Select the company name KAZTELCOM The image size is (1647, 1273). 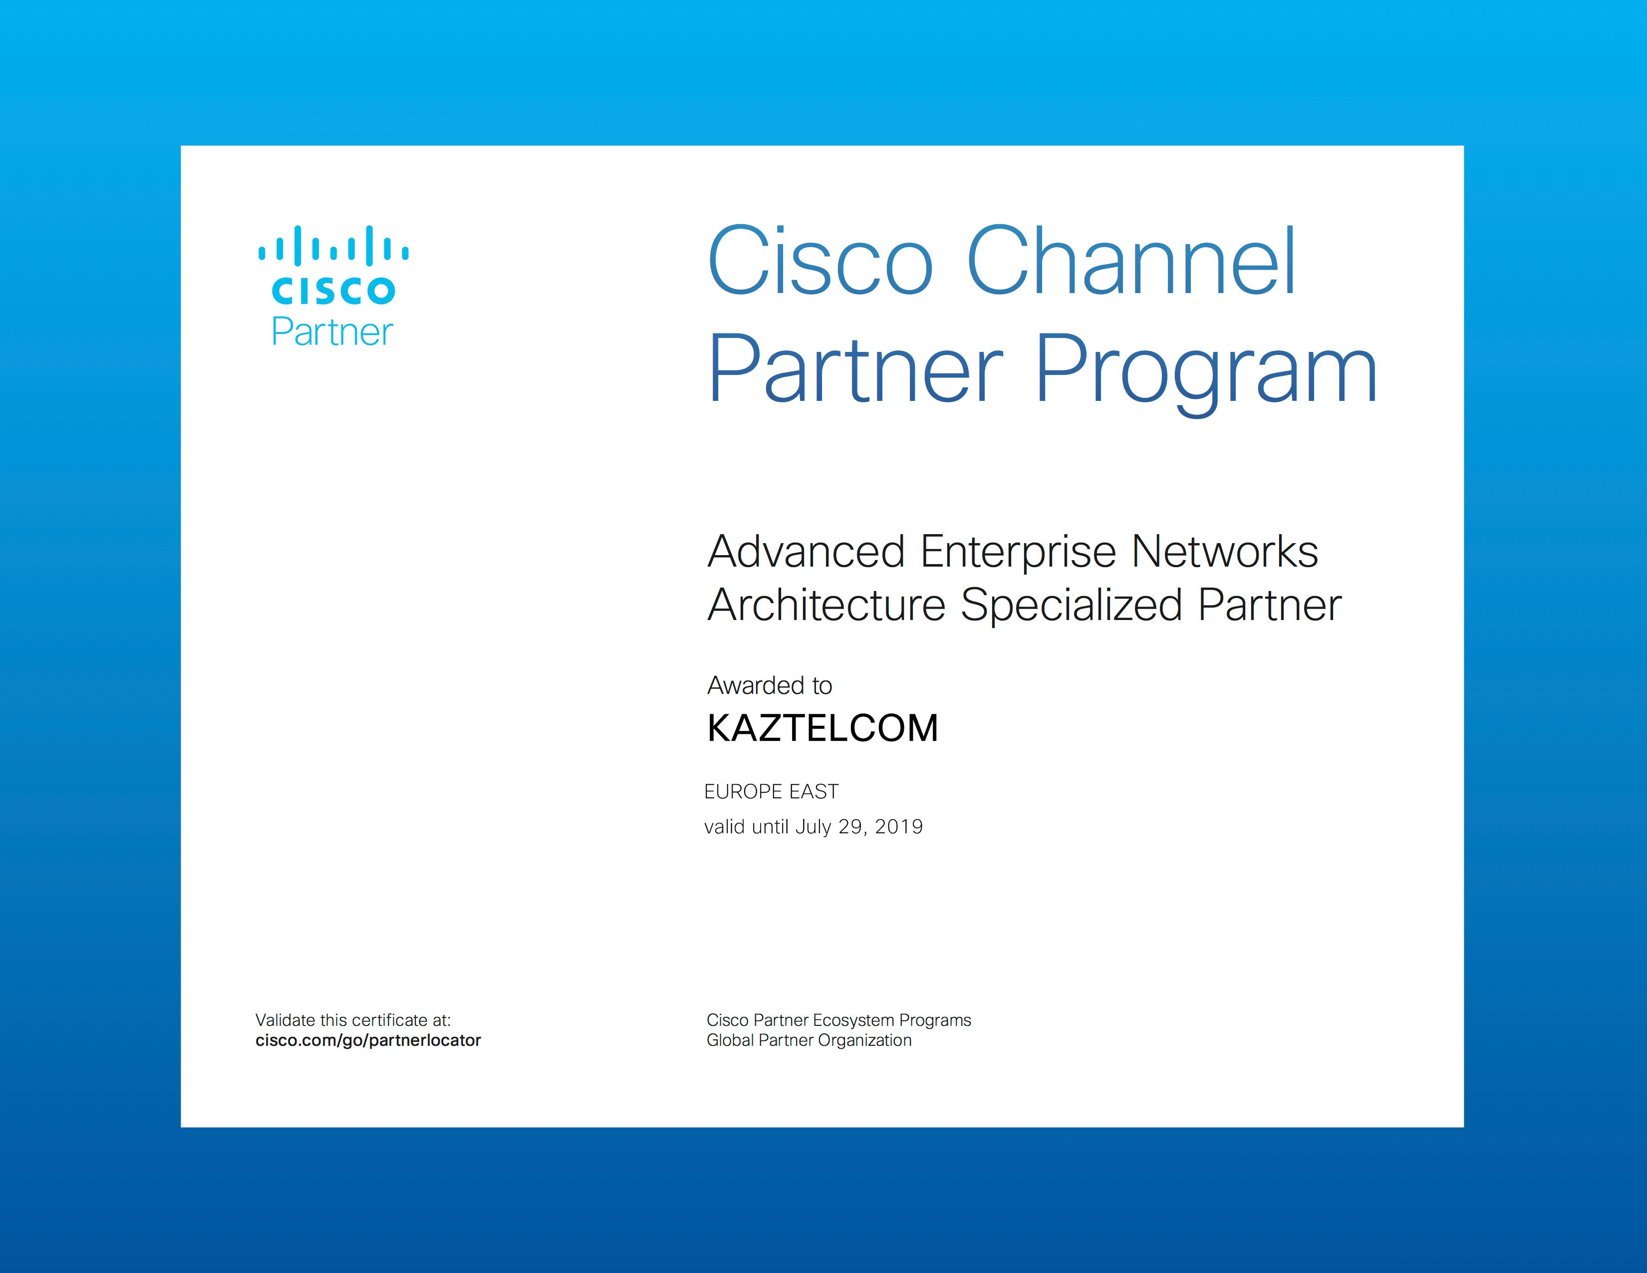pos(823,728)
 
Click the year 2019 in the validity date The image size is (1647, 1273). pos(899,827)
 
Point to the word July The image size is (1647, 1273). pos(813,827)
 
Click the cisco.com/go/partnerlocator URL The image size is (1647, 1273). pos(368,1041)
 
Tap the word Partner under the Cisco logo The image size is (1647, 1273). pos(332,332)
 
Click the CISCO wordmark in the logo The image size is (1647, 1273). pos(332,291)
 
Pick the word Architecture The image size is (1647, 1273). pos(826,605)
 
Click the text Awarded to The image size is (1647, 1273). pos(769,685)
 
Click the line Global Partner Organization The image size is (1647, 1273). pos(809,1041)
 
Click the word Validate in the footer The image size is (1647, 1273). pos(285,1020)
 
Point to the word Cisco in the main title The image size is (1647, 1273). pos(821,261)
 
